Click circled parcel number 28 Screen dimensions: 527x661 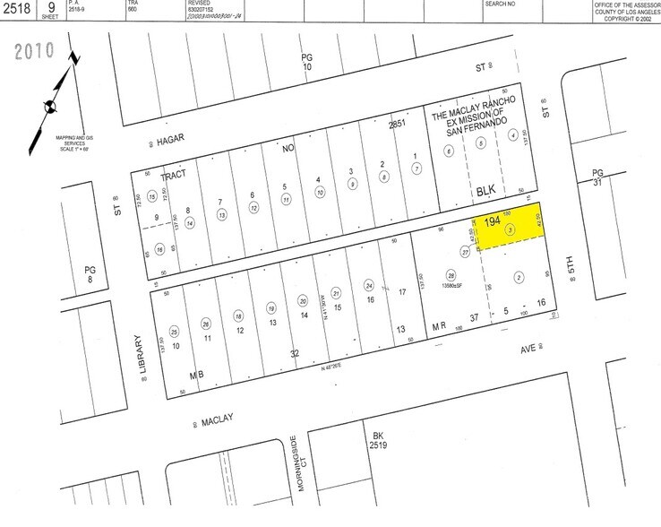tap(451, 274)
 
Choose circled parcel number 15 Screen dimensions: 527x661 tap(153, 196)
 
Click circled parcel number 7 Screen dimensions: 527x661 tap(416, 168)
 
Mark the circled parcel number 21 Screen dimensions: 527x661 tap(336, 292)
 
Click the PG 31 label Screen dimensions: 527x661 tap(598, 179)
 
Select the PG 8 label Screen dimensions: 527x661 tap(89, 273)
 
